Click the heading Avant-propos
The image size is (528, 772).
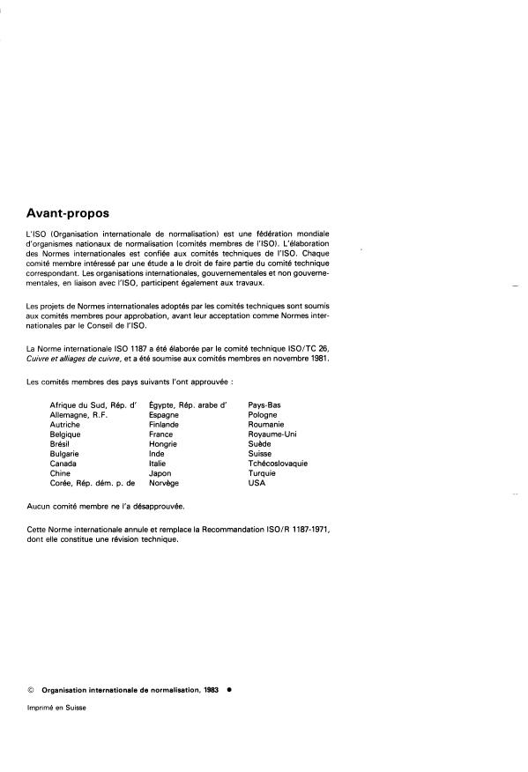[x=69, y=212]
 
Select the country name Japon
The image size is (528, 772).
[x=161, y=473]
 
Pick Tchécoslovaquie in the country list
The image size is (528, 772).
[x=278, y=464]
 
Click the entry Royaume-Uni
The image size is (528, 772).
[x=272, y=434]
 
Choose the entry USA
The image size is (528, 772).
[x=257, y=483]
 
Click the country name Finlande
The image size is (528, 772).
[x=164, y=425]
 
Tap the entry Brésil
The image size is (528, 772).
[x=61, y=444]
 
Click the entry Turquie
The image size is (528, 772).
[x=264, y=473]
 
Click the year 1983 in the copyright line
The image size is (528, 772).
[x=207, y=690]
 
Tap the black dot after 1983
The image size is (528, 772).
[x=229, y=690]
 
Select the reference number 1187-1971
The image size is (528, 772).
[x=303, y=531]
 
